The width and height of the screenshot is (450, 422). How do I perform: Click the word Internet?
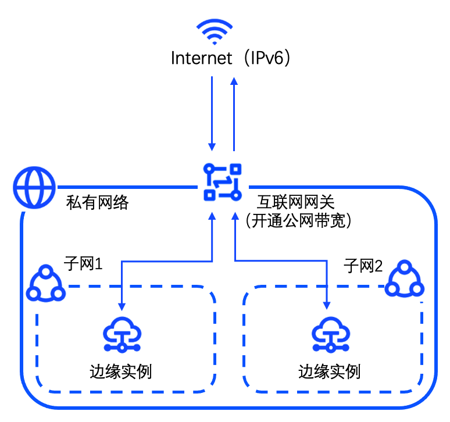point(200,59)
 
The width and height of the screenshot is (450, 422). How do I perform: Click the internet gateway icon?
point(223,182)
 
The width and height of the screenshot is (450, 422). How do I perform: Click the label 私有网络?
point(97,203)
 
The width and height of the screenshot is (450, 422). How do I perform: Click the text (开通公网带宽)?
point(300,221)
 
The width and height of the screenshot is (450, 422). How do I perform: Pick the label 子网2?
point(363,267)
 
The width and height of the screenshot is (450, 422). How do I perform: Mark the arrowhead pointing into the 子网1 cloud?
point(122,305)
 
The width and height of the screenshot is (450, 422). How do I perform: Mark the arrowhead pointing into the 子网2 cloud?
point(328,305)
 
